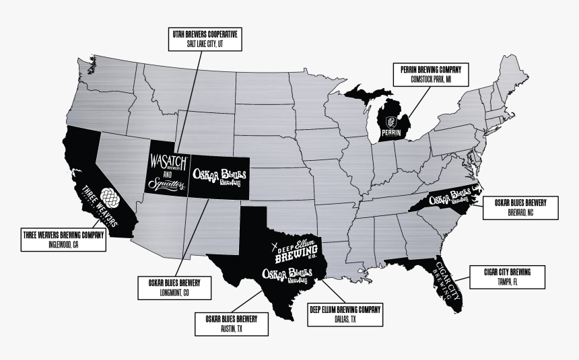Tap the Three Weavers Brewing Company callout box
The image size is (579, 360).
coord(63,240)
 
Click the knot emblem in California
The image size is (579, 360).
coord(108,196)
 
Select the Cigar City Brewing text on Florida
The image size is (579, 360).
coord(444,280)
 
